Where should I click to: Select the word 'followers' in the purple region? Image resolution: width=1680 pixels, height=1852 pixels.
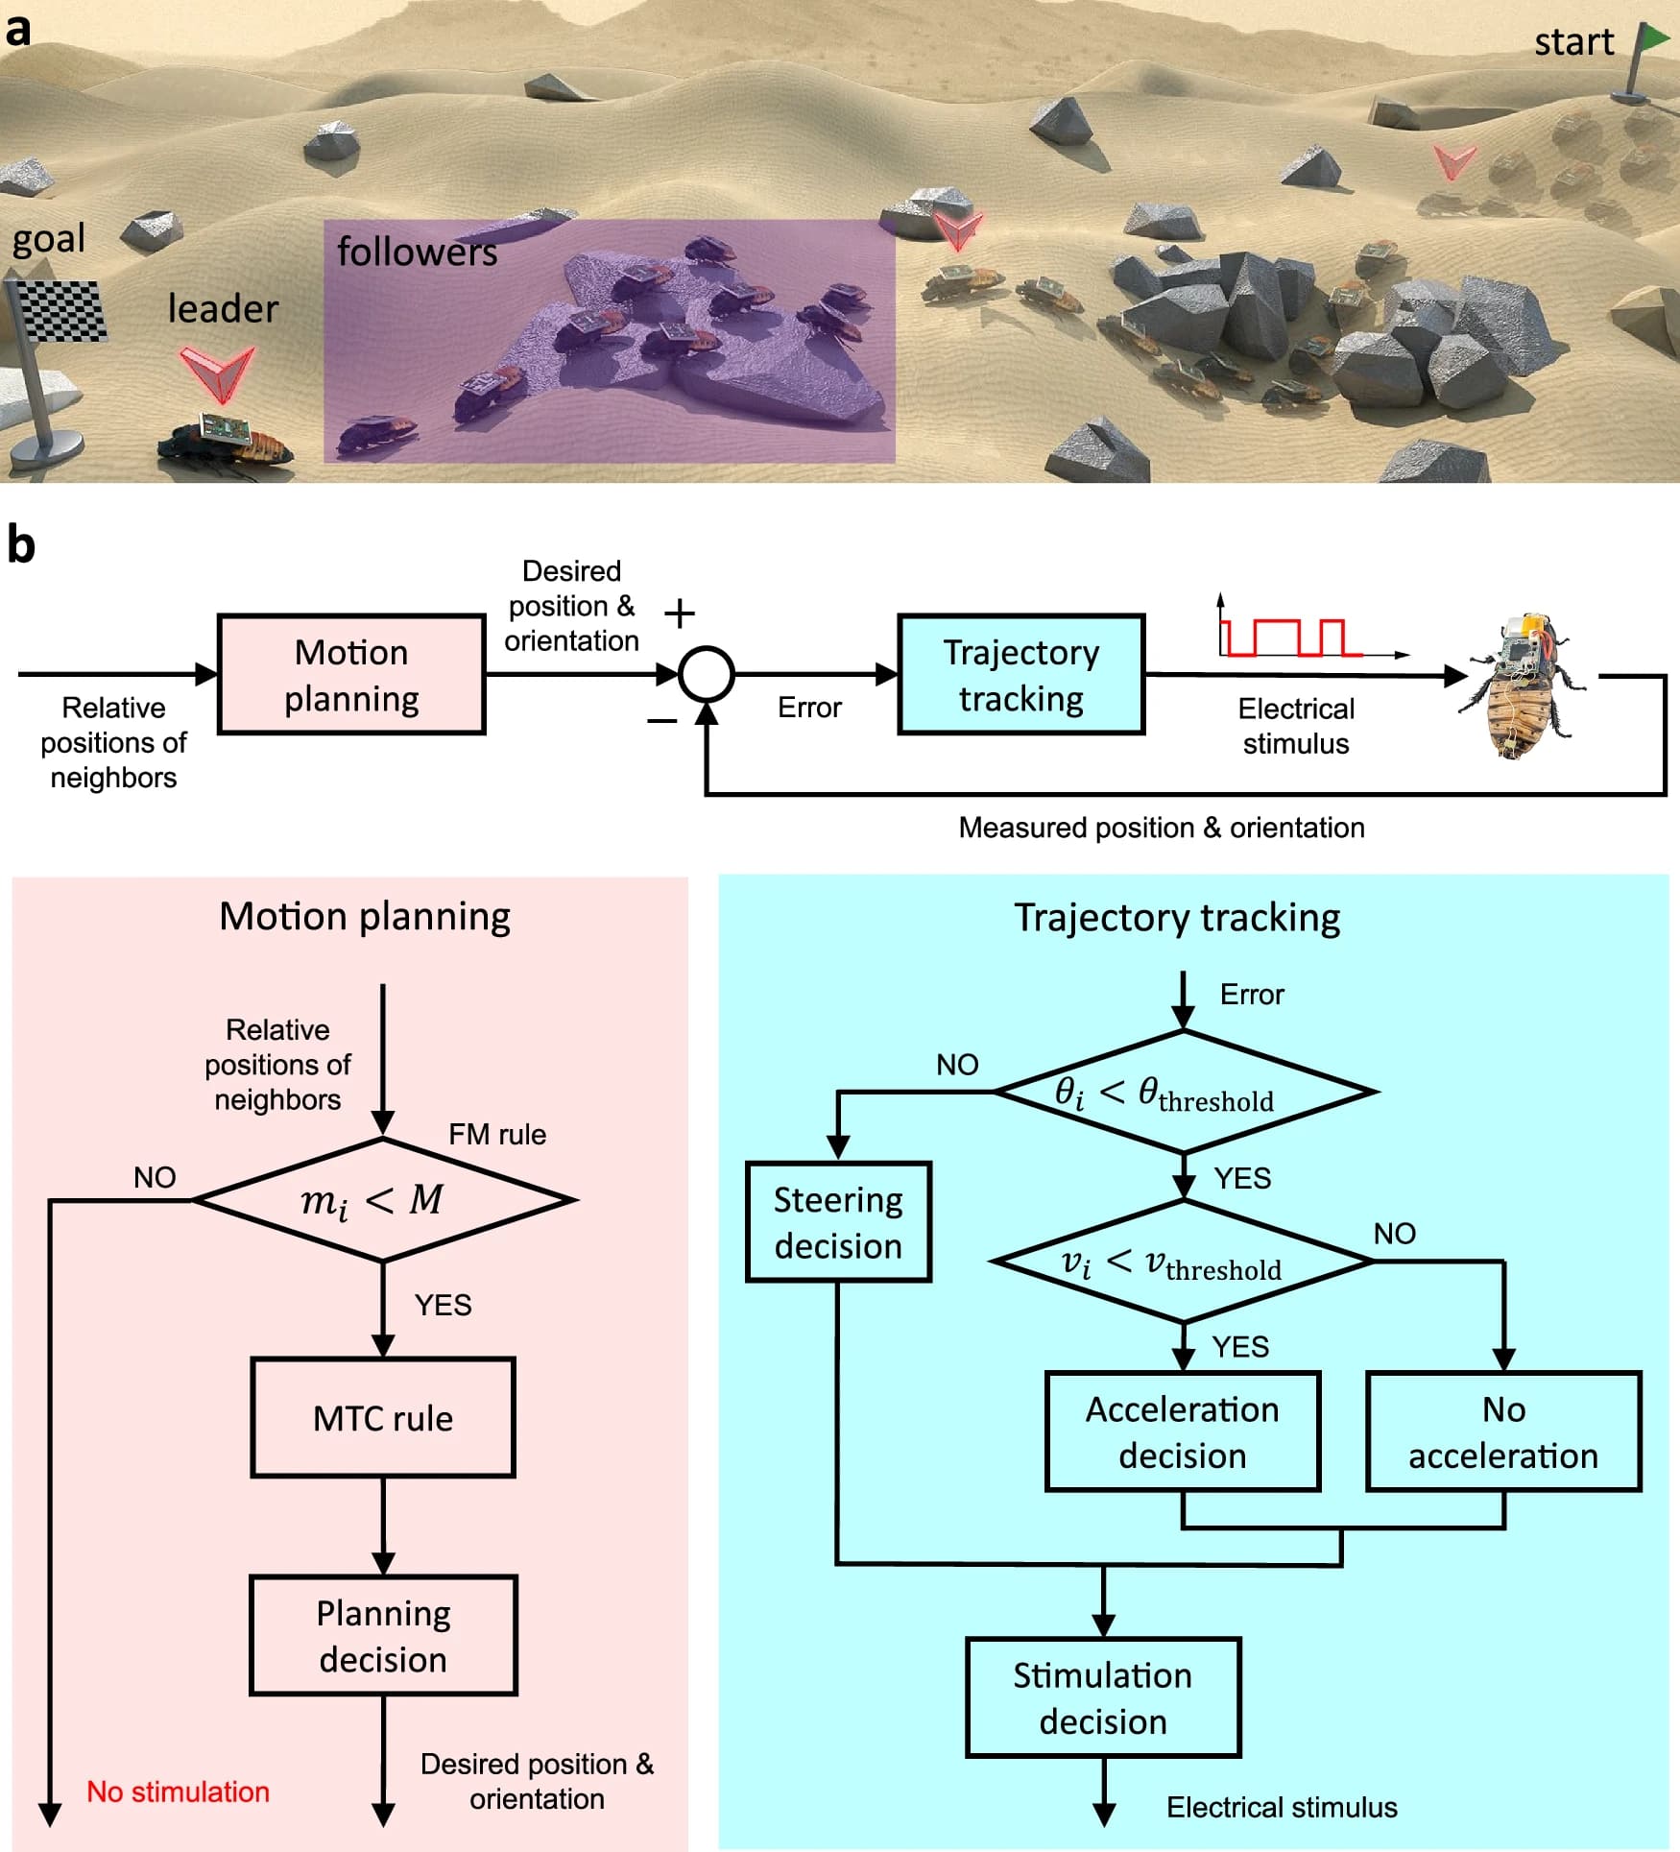417,252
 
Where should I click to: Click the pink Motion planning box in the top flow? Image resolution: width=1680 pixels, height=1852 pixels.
351,675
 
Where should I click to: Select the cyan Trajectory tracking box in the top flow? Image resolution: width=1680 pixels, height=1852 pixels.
1021,675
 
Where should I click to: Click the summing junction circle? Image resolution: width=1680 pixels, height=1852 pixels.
707,675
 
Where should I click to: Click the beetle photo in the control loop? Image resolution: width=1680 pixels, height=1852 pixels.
1518,685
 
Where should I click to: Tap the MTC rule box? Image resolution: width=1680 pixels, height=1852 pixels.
383,1417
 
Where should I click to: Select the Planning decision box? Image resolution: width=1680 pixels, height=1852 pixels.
383,1636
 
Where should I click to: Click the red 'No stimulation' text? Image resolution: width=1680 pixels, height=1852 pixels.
178,1792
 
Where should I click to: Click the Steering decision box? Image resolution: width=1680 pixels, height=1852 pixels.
838,1222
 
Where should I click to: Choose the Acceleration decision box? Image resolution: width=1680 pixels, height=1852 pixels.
1183,1431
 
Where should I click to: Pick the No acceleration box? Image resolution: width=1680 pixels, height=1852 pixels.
1503,1431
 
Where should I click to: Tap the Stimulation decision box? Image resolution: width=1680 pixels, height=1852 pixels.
1103,1697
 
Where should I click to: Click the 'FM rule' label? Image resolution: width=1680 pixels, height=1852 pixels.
497,1134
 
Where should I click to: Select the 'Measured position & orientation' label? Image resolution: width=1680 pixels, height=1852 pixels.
1162,828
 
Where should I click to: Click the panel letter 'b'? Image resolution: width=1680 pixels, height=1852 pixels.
21,543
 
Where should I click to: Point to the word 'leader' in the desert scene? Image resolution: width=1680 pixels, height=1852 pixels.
223,308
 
